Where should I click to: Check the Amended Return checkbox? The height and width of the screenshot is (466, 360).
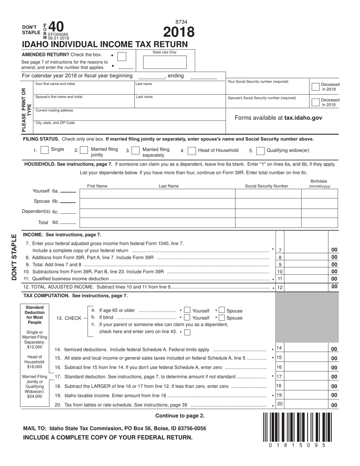(122, 56)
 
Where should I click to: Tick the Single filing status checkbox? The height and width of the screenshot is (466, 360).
(45, 150)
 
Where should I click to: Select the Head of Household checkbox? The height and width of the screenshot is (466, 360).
(192, 151)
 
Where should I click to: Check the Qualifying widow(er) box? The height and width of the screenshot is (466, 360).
(260, 151)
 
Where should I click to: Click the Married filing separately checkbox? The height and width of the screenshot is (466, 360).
(136, 151)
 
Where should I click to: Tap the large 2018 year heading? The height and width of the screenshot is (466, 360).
(179, 32)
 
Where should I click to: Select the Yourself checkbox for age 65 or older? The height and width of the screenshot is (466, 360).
(187, 311)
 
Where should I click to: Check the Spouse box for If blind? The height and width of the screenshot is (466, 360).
(222, 318)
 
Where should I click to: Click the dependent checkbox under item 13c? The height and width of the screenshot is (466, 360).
(187, 332)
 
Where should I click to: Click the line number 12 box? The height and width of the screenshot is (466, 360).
(280, 288)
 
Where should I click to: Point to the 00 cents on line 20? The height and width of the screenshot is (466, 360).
(334, 405)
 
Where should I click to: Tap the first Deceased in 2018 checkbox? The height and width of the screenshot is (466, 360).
(315, 86)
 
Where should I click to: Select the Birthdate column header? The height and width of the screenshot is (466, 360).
(319, 184)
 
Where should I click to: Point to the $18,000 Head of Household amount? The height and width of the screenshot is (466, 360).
(35, 367)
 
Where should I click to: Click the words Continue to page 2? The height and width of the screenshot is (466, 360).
(180, 416)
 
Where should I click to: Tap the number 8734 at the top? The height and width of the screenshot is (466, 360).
(181, 22)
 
